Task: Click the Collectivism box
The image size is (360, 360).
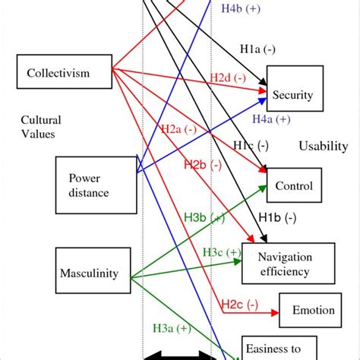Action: tap(58, 74)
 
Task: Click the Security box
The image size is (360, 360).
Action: tap(292, 96)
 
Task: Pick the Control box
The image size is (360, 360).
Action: tap(293, 185)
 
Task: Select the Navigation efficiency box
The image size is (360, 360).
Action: tap(288, 264)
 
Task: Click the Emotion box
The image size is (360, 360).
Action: tap(307, 310)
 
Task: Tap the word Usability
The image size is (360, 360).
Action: tap(323, 146)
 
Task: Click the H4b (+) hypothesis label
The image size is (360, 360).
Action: tap(242, 8)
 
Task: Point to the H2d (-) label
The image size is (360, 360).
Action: tap(229, 78)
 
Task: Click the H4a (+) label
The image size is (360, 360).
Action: tap(270, 119)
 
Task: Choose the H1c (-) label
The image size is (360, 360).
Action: tap(250, 145)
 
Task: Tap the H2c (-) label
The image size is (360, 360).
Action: tap(240, 305)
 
